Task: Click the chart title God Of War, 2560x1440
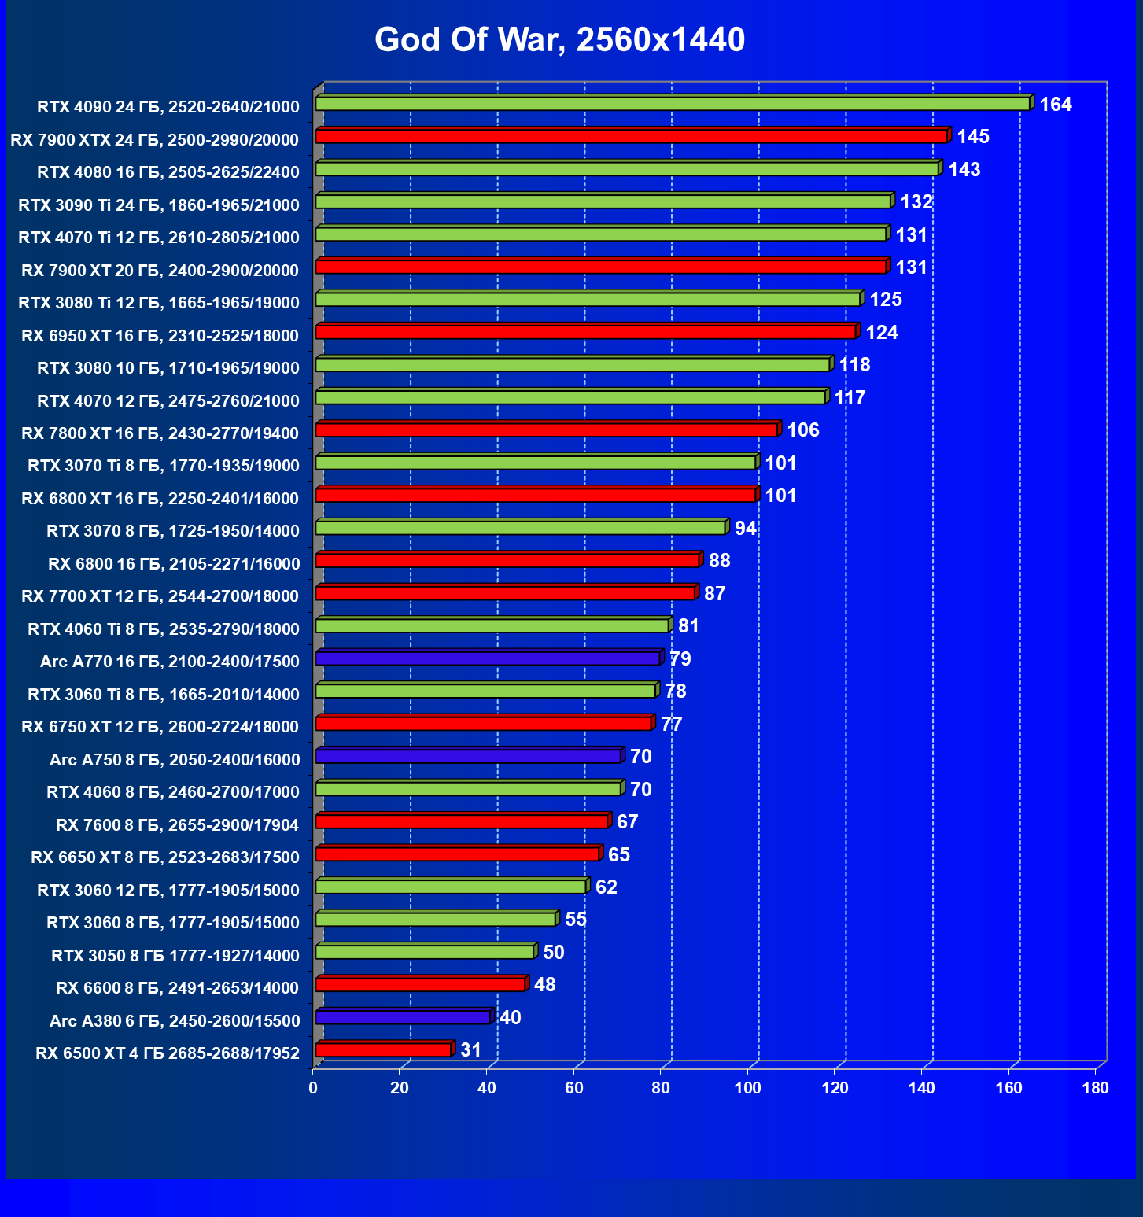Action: [559, 40]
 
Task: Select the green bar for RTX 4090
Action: [673, 104]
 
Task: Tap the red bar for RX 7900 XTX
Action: [631, 137]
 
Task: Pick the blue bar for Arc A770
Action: [488, 658]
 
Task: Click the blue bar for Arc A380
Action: [403, 1017]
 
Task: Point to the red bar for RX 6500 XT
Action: [383, 1050]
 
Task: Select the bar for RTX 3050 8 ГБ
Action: [425, 952]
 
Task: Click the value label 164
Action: [1055, 105]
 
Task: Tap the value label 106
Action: [803, 430]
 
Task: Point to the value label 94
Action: [745, 528]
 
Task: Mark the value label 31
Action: [470, 1050]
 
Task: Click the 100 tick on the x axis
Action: [748, 1088]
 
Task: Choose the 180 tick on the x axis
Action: [1095, 1088]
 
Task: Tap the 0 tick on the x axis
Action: [314, 1088]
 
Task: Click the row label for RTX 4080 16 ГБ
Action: [168, 172]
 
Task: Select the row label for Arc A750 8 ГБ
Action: [175, 760]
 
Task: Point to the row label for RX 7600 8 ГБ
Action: [178, 825]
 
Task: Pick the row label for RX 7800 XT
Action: [160, 433]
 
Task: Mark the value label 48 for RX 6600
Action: [544, 985]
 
